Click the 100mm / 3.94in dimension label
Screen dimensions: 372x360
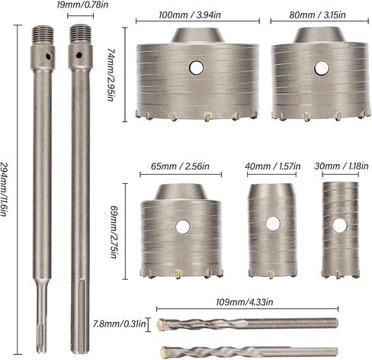(190, 15)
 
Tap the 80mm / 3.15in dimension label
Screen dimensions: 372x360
(317, 14)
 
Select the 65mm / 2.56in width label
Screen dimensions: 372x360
(180, 166)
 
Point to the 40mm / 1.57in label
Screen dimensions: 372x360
(273, 166)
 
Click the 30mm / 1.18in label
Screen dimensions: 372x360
(342, 166)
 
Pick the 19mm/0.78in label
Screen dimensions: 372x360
(82, 5)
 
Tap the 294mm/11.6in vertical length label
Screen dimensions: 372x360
(4, 189)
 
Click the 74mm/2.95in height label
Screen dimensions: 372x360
(111, 75)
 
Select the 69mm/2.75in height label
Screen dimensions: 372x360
(114, 232)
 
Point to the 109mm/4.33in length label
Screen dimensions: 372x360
(245, 302)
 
